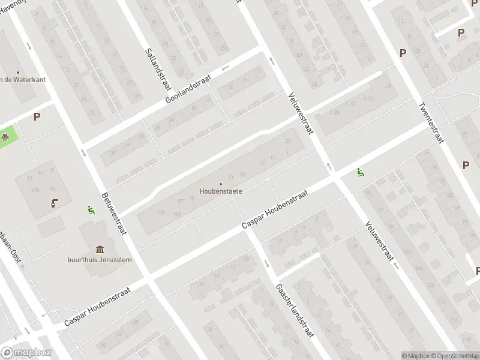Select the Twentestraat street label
430,122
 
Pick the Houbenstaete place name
221,192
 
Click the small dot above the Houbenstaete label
221,184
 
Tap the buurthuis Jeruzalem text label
100,260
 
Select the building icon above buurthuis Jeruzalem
100,248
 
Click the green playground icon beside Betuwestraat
91,210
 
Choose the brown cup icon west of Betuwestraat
55,203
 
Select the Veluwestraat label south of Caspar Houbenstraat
379,241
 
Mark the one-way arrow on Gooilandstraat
226,68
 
